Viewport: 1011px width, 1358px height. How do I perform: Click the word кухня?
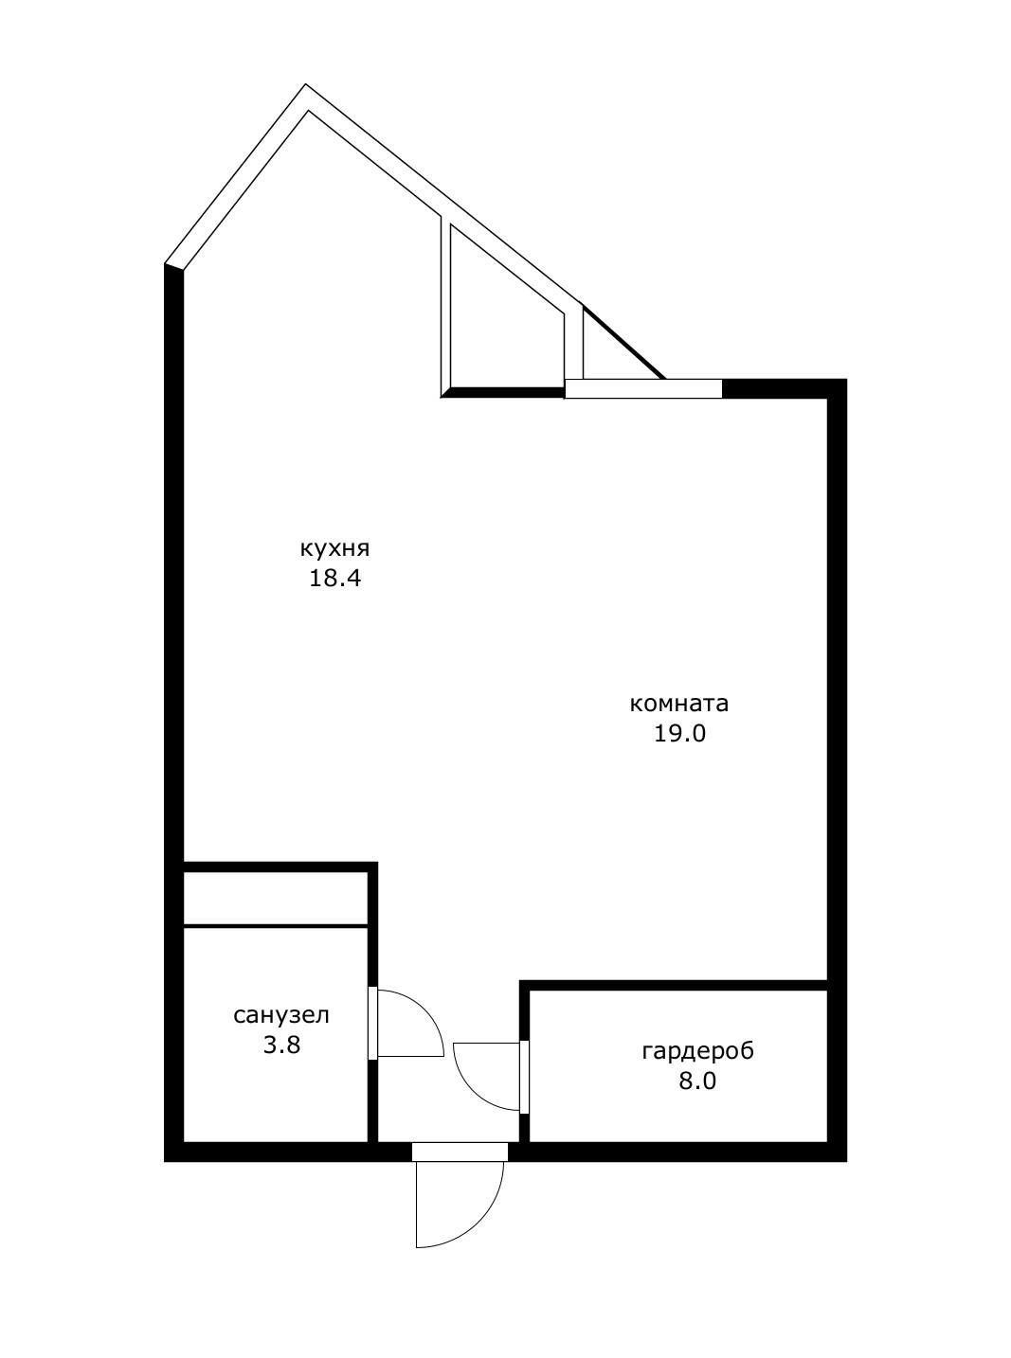(334, 548)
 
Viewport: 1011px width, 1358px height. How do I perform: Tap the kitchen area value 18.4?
(334, 579)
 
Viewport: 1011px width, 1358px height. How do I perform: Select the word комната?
(679, 705)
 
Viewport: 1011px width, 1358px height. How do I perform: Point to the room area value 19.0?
(680, 734)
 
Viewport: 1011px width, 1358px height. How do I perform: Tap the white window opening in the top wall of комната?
(643, 389)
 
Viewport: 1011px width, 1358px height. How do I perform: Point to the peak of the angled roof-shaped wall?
(306, 85)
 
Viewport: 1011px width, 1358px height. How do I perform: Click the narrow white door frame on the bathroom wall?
(372, 1023)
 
